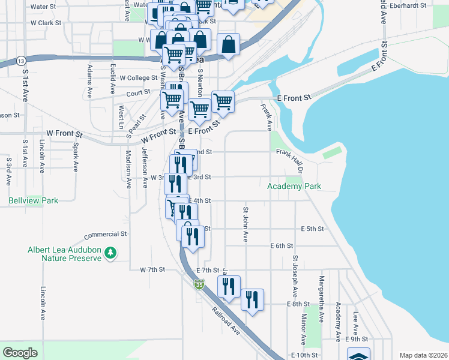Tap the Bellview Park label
point(34,200)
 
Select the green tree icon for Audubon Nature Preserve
point(110,253)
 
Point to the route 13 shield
point(22,61)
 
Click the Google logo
point(20,353)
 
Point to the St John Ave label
point(246,224)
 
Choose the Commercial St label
point(106,234)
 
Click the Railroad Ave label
point(226,322)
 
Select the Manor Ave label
point(304,329)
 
